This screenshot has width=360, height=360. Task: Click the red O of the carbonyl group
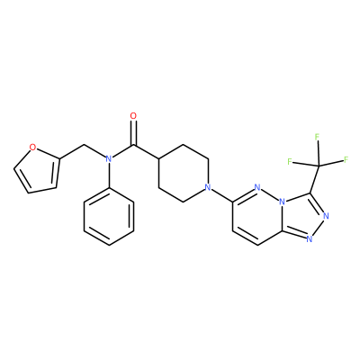133,116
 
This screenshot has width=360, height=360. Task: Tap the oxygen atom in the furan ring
33,148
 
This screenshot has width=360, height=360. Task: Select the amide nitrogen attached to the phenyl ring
109,159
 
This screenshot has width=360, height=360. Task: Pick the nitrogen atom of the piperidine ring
207,188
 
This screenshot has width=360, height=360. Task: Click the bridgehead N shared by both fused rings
282,202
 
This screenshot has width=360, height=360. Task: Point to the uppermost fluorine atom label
317,137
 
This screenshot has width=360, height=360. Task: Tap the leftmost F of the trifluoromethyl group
290,162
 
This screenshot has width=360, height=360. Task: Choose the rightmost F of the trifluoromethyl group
346,159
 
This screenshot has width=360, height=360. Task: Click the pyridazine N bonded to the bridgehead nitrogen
256,188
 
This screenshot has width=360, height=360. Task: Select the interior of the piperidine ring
183,174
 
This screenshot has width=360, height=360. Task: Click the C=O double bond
133,132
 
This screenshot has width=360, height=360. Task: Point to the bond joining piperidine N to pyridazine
221,194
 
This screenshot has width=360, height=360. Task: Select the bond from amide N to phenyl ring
109,175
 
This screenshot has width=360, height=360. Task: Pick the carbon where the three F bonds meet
319,166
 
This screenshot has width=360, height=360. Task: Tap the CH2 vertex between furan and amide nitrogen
85,145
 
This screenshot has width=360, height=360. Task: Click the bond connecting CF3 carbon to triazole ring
314,179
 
